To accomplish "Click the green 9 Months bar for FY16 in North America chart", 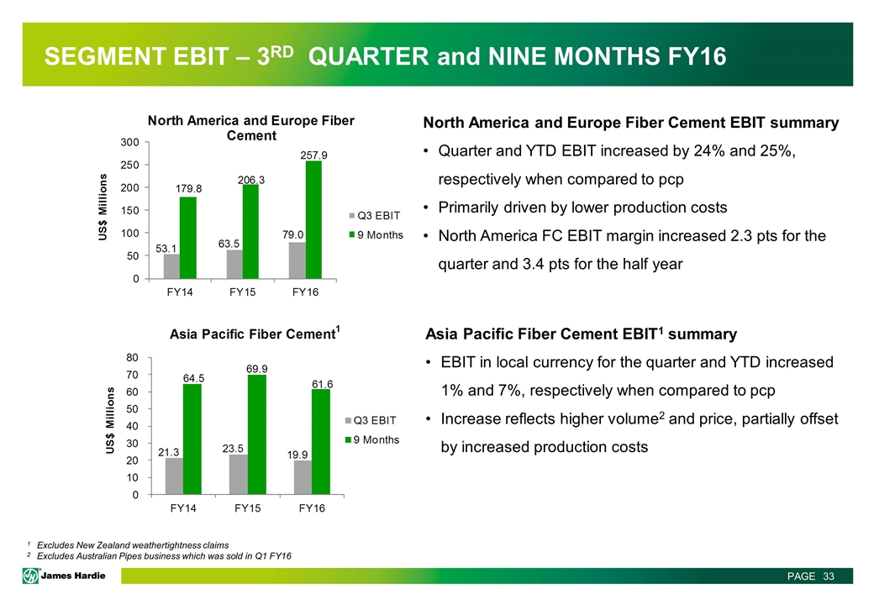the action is point(313,219).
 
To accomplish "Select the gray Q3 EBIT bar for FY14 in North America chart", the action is point(171,266).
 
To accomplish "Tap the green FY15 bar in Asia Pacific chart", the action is point(257,434).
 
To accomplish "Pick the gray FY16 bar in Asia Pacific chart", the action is point(303,477).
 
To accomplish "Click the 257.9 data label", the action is point(313,155).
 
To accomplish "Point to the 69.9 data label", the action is point(257,369).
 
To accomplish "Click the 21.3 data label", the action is point(169,453).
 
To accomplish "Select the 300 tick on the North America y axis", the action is point(130,142).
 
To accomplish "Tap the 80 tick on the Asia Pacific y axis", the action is point(132,357).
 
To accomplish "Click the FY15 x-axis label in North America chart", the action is point(243,292).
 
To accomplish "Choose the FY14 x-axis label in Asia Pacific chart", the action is point(183,508).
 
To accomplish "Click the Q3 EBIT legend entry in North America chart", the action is point(375,216).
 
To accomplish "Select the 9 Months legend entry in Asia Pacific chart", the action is point(372,439).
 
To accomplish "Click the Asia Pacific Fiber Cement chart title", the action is point(255,333).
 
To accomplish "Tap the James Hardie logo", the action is point(64,576).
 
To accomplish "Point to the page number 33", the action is point(829,576).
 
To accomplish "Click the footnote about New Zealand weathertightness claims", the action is point(133,544).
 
